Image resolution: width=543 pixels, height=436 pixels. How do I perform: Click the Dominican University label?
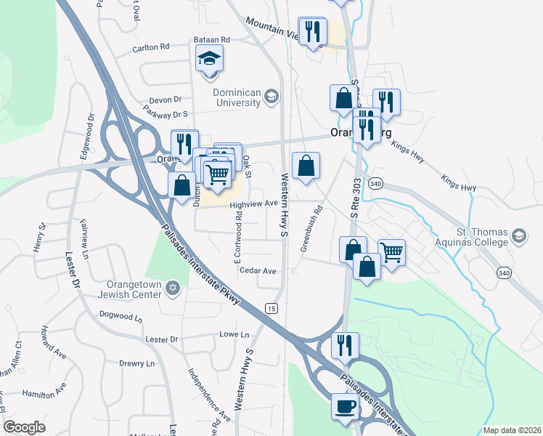237,97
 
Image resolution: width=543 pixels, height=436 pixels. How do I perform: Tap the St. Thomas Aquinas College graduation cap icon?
518,235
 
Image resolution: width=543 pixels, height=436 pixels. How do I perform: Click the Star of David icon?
172,289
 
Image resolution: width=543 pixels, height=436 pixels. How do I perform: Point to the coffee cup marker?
345,406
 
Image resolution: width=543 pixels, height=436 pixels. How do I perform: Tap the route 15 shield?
271,307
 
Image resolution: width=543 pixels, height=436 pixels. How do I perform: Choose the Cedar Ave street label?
258,271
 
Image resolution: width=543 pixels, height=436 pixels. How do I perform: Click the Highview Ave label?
254,204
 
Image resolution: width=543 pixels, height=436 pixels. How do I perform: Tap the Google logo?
24,427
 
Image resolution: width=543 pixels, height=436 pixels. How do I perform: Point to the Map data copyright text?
512,430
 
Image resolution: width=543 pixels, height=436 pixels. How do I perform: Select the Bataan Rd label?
211,39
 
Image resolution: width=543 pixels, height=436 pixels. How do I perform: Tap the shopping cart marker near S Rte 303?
391,253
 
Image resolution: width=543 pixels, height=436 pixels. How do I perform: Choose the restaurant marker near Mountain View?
313,31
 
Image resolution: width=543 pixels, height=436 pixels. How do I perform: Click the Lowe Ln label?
234,335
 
